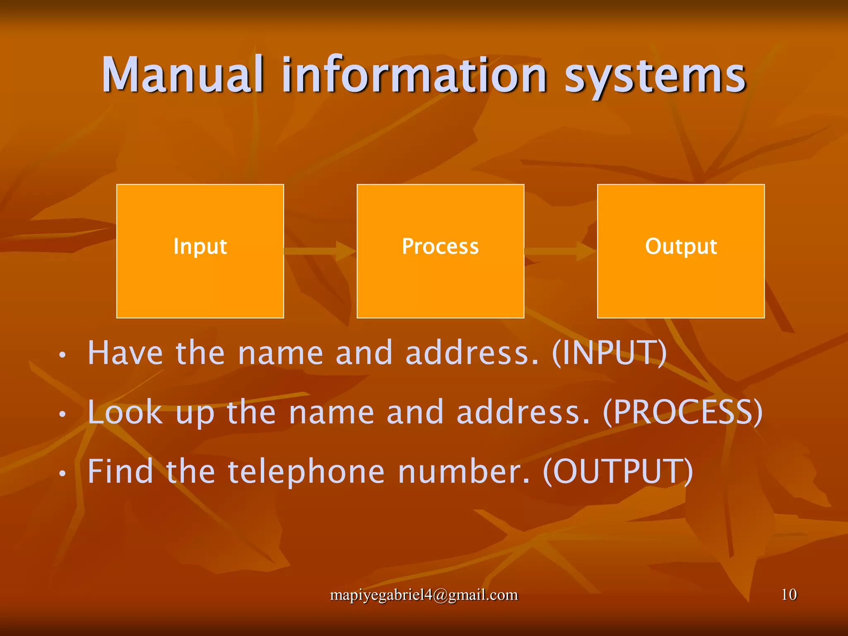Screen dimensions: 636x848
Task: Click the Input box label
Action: (x=200, y=246)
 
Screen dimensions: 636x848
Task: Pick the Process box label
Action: (x=440, y=246)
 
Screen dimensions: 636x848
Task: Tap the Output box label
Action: (x=681, y=246)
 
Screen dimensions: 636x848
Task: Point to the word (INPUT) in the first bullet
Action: (x=609, y=353)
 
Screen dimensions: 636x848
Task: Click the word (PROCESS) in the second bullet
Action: (x=682, y=412)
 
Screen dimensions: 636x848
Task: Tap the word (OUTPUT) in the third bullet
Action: (x=617, y=472)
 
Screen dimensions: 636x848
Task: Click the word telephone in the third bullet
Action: (x=307, y=472)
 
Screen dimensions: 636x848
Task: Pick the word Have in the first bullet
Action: (x=125, y=353)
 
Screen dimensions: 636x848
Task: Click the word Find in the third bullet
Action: (x=120, y=472)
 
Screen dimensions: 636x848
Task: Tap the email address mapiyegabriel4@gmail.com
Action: (x=424, y=595)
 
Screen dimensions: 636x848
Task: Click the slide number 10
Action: (x=789, y=595)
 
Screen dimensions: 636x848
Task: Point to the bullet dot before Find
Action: (x=62, y=473)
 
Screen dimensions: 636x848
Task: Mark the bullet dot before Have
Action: (x=62, y=354)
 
